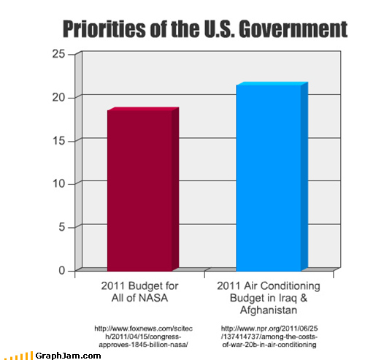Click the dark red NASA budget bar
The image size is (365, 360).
(x=139, y=190)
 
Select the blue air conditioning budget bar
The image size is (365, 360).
(x=268, y=179)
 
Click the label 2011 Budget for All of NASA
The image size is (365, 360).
(x=139, y=291)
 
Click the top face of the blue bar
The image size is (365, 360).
(x=271, y=85)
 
